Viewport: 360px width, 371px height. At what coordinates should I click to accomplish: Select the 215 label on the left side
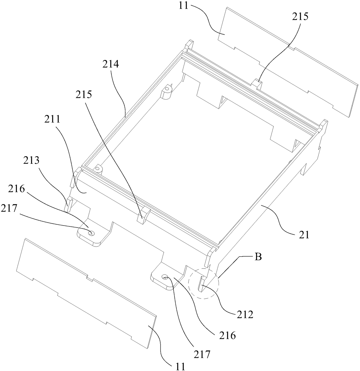84,94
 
